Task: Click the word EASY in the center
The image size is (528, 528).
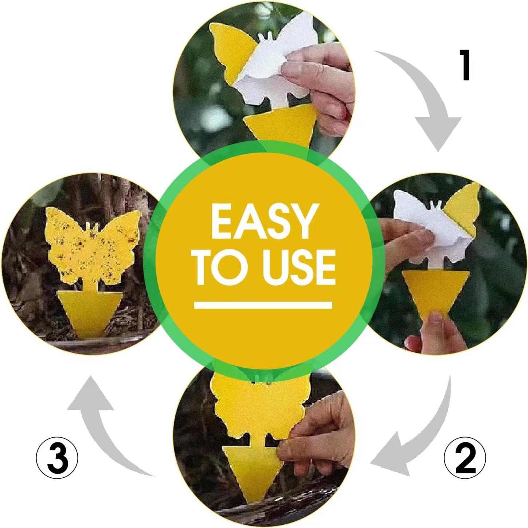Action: click(263, 221)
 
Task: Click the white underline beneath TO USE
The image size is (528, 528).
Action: click(263, 305)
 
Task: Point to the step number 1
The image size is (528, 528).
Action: click(465, 65)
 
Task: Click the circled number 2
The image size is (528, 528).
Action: click(465, 458)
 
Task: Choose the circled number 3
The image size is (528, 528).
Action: click(57, 458)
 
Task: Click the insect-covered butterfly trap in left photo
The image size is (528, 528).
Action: click(93, 248)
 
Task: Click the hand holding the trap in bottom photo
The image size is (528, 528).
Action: click(321, 434)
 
